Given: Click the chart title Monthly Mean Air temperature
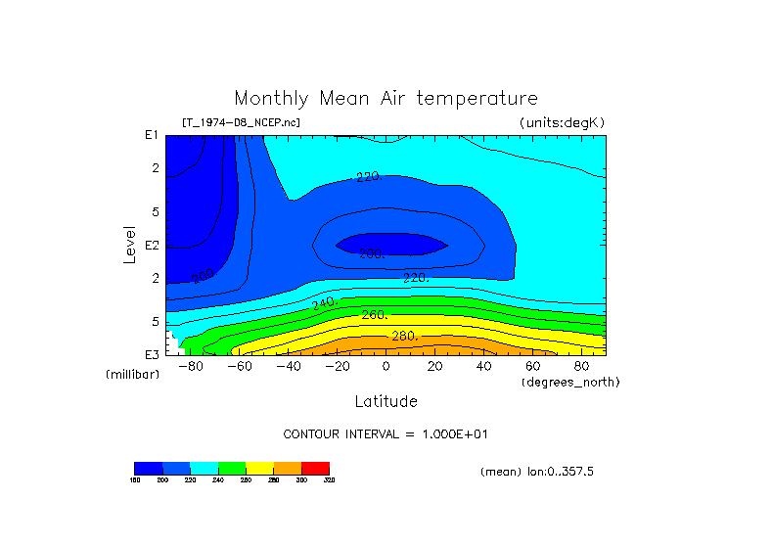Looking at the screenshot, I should tap(386, 99).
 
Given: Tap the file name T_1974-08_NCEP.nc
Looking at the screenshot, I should tap(241, 122).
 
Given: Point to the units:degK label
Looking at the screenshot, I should tap(563, 122).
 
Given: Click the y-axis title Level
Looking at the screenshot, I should tap(129, 245).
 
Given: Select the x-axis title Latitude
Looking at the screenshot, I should tap(386, 401).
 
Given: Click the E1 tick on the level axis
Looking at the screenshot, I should tap(152, 135).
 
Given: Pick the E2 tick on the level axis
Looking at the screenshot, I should tap(152, 245).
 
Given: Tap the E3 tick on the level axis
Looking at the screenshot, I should tap(152, 354).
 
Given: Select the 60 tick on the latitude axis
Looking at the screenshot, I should tap(532, 366).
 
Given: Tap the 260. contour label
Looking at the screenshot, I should tap(375, 315).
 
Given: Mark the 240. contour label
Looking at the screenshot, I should tap(324, 304).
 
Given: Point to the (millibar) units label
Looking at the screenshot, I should tap(132, 375).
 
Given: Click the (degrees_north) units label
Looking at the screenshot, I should tap(570, 381).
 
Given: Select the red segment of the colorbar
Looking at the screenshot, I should tap(315, 468).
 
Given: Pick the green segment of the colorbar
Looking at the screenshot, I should tap(232, 468).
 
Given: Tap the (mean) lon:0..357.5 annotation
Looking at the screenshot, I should tap(537, 471).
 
